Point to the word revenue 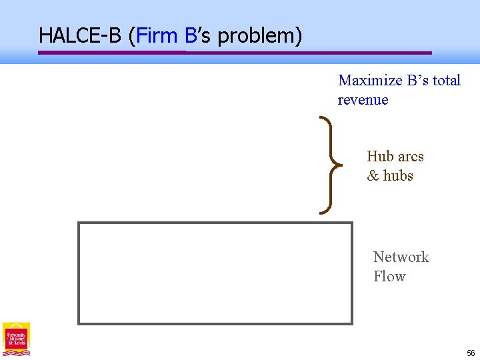[x=363, y=100]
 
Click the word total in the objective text [x=447, y=81]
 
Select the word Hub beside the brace [x=381, y=157]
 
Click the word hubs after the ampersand [x=399, y=176]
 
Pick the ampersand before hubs [x=373, y=176]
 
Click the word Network [x=401, y=257]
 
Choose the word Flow [x=389, y=277]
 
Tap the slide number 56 [x=471, y=353]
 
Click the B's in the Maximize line [x=415, y=81]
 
